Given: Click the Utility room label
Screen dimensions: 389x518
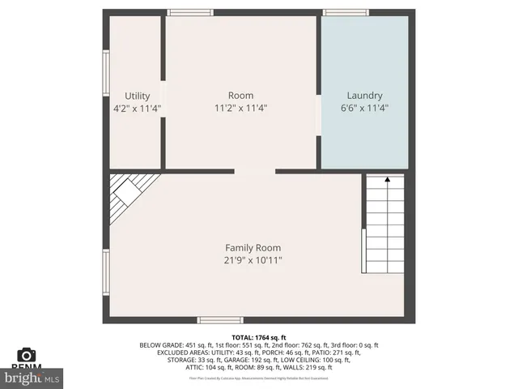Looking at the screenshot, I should [x=137, y=96].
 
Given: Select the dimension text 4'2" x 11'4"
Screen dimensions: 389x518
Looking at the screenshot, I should [x=137, y=108].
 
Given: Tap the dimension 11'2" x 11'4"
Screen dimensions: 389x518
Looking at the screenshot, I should [x=240, y=108].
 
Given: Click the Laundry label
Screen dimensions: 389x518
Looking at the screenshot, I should [x=364, y=96].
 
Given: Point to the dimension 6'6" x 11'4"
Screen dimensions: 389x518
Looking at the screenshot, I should [x=364, y=108].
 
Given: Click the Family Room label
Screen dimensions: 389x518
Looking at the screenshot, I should [x=253, y=247].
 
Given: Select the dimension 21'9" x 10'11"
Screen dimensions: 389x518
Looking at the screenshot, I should [x=253, y=260].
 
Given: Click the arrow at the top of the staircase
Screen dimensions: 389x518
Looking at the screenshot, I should [x=388, y=178].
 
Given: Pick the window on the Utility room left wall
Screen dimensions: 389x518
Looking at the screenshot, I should [x=105, y=74].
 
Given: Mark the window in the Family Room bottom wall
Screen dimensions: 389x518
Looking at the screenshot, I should [x=221, y=319].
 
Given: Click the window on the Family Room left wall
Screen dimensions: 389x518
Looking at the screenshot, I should [x=105, y=271].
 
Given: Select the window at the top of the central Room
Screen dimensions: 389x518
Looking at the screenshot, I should [x=190, y=12].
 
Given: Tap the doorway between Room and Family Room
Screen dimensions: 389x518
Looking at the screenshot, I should [x=255, y=171].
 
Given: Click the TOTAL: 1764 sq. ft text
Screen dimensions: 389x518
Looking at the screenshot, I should [x=258, y=337].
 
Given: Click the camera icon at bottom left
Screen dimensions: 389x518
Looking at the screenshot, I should [x=27, y=355].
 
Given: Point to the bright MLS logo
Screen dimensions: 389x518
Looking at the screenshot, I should [x=32, y=378].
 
